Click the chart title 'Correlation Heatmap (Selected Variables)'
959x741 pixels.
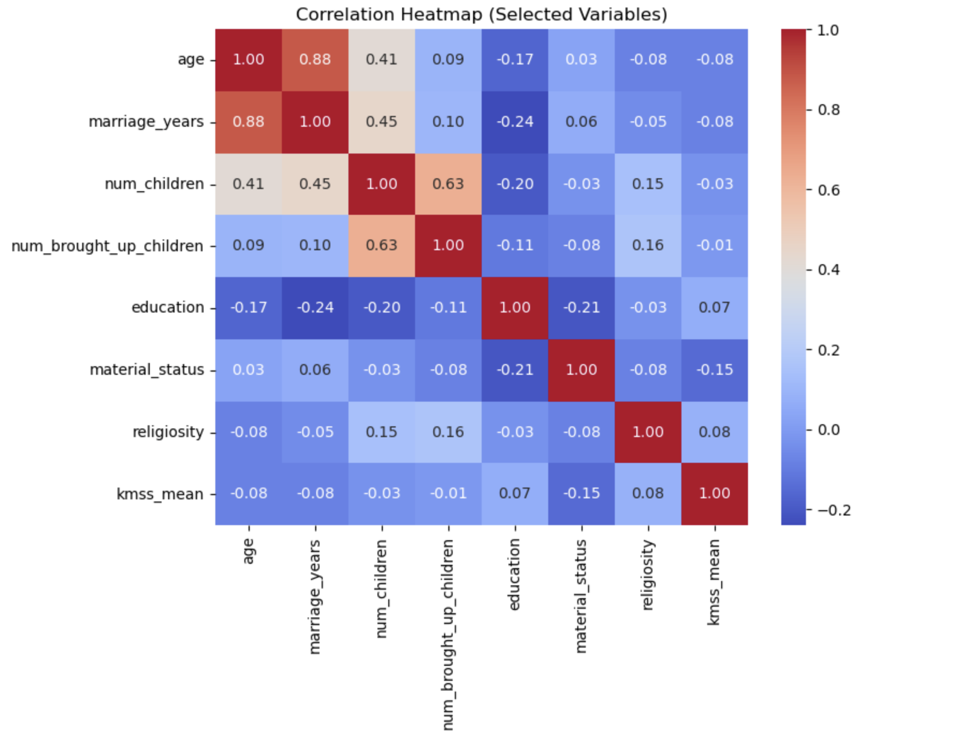pos(481,14)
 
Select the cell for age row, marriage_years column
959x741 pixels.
pos(315,60)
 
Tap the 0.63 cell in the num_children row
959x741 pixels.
pos(448,184)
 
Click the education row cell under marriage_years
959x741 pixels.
pos(315,308)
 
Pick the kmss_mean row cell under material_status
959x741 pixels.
pos(582,493)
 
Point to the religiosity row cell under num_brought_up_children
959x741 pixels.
pos(448,432)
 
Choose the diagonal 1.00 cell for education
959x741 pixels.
pos(515,308)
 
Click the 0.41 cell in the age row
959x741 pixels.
pos(382,60)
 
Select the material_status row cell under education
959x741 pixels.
pos(515,370)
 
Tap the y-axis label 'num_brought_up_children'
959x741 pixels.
pos(107,246)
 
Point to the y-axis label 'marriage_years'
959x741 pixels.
pos(146,122)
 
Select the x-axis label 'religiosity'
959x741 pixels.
pos(648,575)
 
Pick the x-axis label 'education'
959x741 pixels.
pos(515,575)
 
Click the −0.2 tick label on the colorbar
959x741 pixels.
pos(834,510)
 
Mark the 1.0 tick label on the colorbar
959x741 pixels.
pos(827,31)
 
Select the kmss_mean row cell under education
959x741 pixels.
pos(515,493)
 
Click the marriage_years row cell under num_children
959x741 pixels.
pos(382,122)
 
